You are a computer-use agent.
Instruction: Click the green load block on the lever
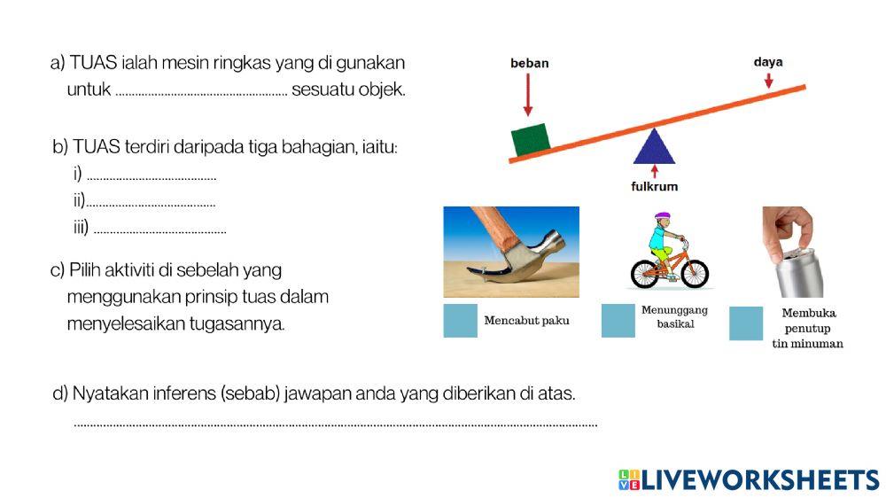click(x=531, y=139)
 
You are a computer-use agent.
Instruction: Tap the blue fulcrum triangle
click(x=654, y=148)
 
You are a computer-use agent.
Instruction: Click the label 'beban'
click(x=530, y=63)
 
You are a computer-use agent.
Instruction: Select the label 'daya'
click(x=768, y=62)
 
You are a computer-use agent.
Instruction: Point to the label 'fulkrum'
click(x=654, y=186)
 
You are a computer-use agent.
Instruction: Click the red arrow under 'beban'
click(x=528, y=94)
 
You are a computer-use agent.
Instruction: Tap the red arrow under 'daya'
click(x=768, y=80)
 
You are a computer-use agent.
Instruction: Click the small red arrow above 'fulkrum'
click(x=654, y=171)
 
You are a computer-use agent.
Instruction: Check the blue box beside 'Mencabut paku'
click(x=461, y=321)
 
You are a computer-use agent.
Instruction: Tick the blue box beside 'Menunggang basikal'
click(x=618, y=321)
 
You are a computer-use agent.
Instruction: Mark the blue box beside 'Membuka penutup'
click(x=746, y=323)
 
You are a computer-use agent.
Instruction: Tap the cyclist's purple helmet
click(x=662, y=216)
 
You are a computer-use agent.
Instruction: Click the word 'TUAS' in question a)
click(x=92, y=64)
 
